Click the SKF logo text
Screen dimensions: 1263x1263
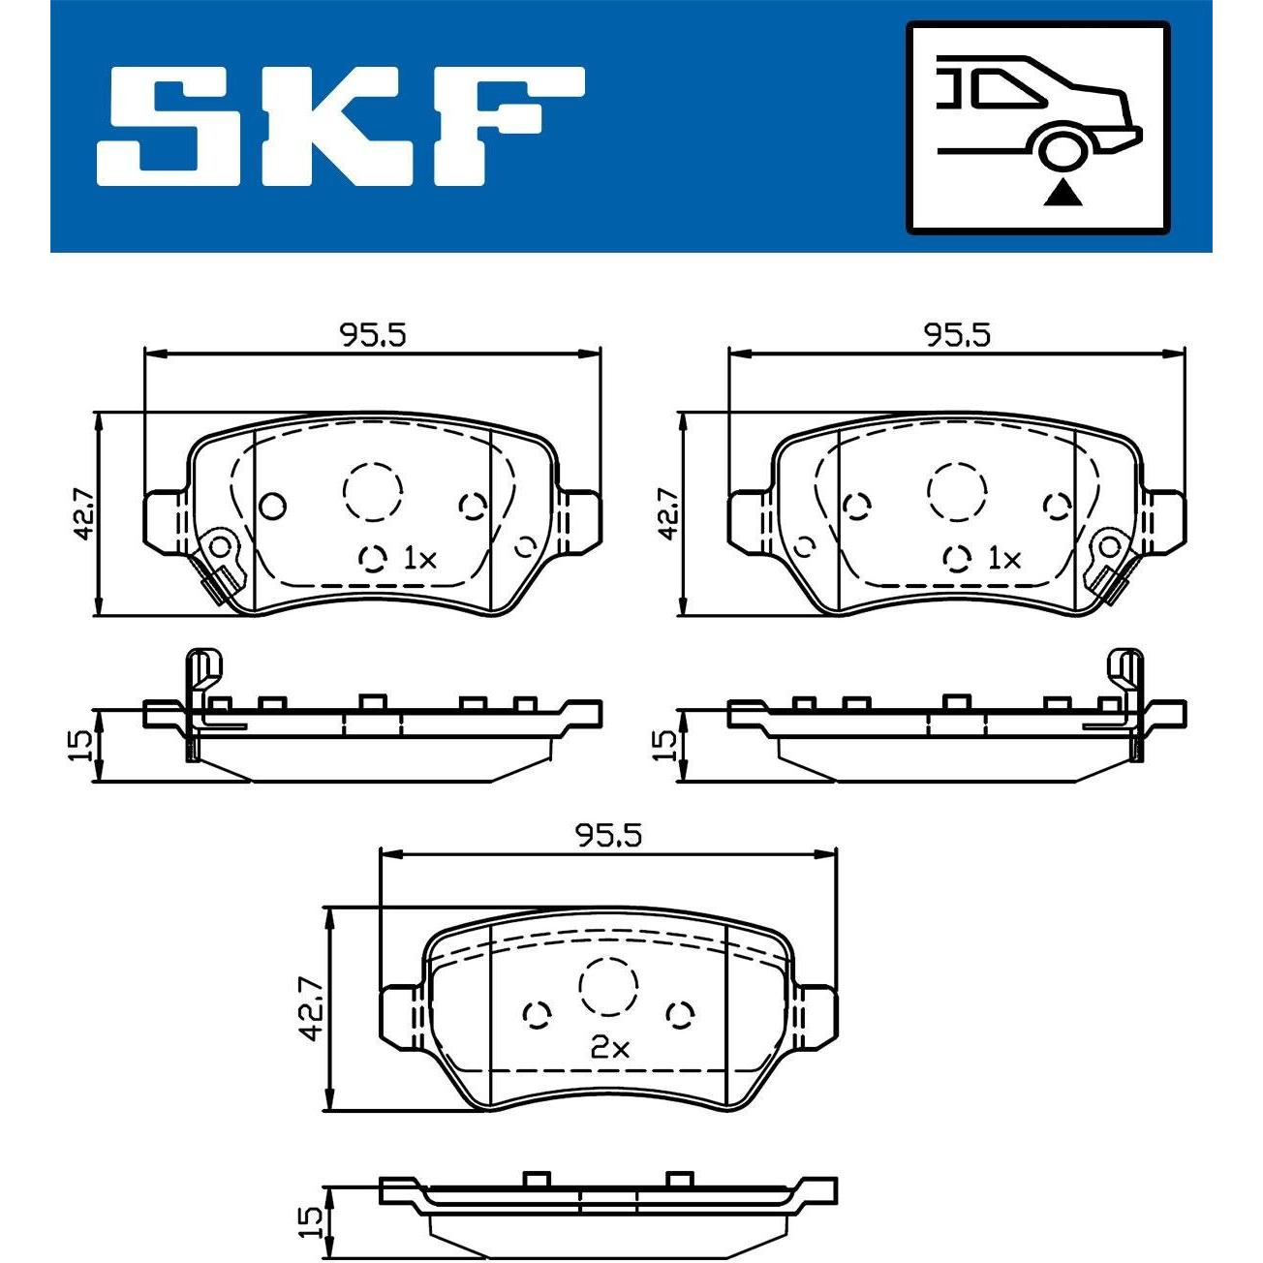pos(340,125)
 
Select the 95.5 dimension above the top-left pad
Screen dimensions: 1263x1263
pos(372,335)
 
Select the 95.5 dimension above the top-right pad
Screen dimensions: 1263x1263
pos(956,335)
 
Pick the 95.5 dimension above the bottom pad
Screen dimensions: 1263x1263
pos(608,835)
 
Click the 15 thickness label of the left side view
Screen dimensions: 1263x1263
pos(79,745)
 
